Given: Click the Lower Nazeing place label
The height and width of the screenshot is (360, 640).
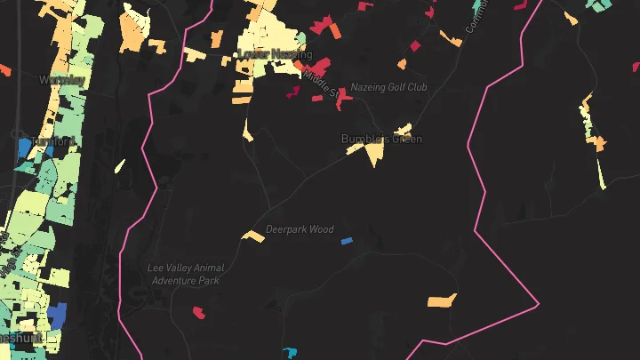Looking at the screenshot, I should pyautogui.click(x=275, y=55).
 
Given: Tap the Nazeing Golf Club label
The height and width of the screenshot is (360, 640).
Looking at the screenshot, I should pyautogui.click(x=388, y=87).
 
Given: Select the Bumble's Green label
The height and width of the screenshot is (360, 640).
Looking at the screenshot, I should pyautogui.click(x=381, y=139).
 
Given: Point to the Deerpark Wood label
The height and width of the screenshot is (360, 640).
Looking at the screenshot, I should pyautogui.click(x=300, y=229).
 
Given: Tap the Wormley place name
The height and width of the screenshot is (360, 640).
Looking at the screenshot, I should pyautogui.click(x=62, y=79).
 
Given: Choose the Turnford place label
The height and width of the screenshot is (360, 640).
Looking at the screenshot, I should pyautogui.click(x=54, y=141).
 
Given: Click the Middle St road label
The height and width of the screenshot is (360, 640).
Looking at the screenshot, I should pyautogui.click(x=321, y=84).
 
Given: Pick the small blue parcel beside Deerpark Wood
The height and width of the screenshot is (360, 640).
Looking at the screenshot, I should pyautogui.click(x=347, y=240).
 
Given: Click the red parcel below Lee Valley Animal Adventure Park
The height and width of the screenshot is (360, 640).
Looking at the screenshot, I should pyautogui.click(x=199, y=312).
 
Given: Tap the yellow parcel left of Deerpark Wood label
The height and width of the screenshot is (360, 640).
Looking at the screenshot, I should pyautogui.click(x=254, y=236).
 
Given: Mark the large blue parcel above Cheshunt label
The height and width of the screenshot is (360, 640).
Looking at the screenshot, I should pyautogui.click(x=57, y=316).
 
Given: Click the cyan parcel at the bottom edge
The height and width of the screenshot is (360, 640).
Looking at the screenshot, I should pyautogui.click(x=289, y=354).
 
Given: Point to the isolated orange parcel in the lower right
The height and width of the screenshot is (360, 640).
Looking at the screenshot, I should pyautogui.click(x=442, y=300).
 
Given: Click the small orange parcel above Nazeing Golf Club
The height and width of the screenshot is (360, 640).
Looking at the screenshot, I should pyautogui.click(x=403, y=64).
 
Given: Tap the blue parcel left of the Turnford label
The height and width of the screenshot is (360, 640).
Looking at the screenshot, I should pyautogui.click(x=24, y=148).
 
